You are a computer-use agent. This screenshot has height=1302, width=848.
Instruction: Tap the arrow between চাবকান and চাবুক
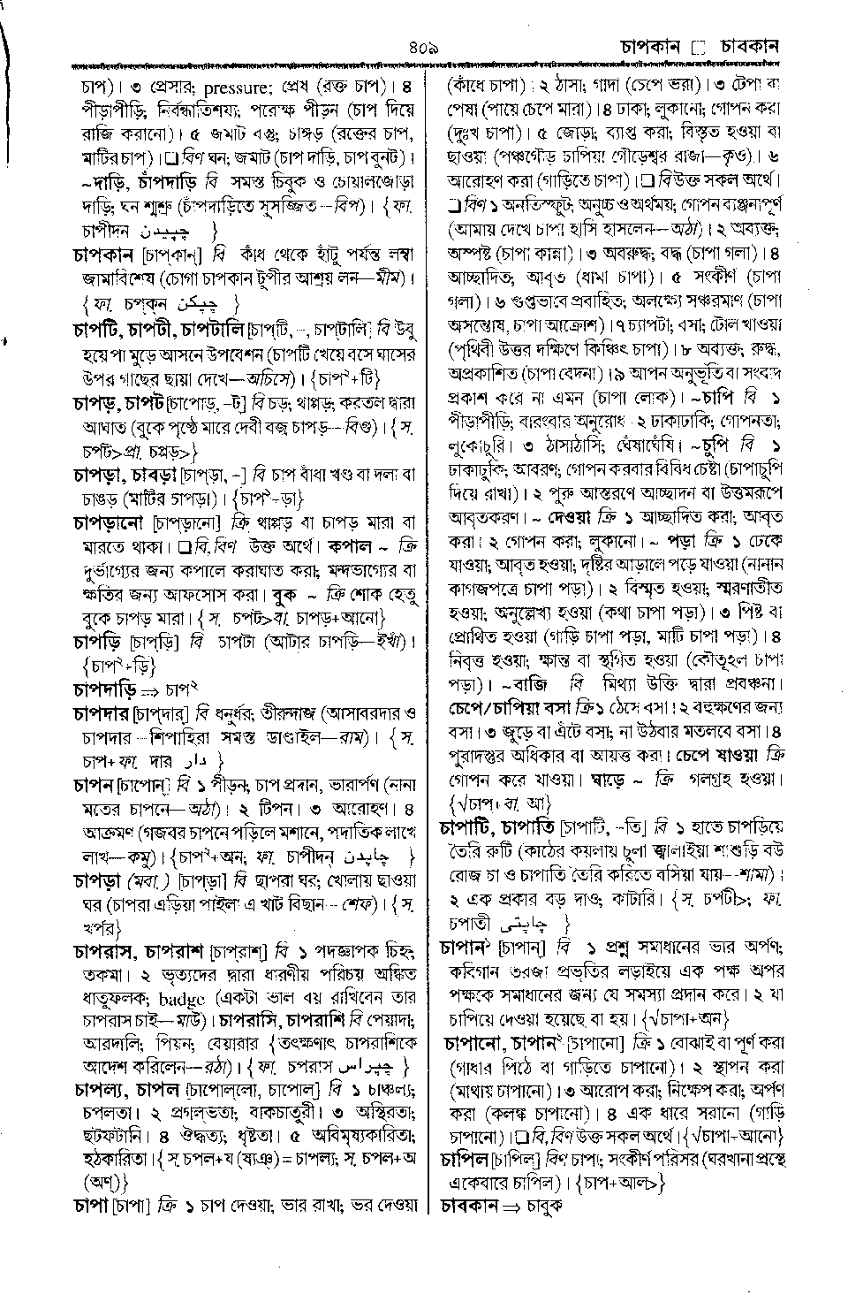tap(516, 1204)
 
